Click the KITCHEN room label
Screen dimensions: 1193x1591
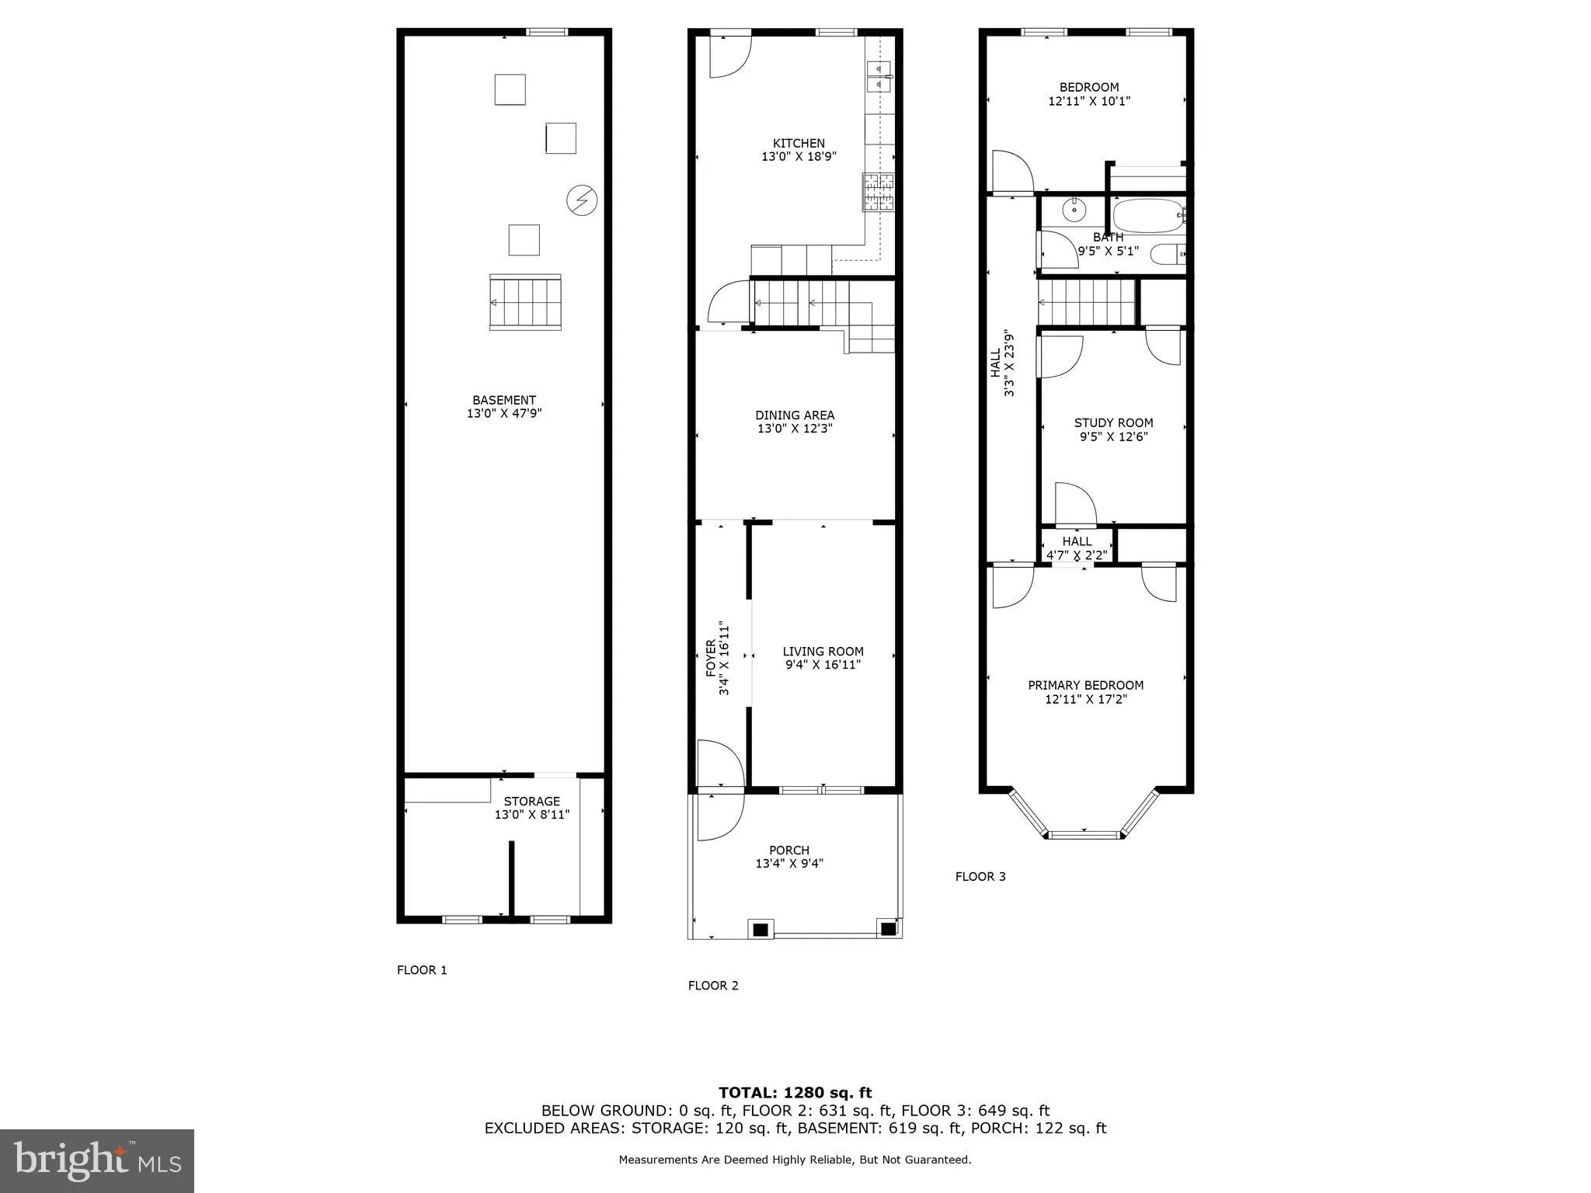coord(799,143)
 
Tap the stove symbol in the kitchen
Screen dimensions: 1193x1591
coord(878,192)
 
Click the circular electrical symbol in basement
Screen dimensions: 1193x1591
coord(581,200)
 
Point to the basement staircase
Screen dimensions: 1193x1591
coord(525,302)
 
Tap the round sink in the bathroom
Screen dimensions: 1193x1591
coord(1074,210)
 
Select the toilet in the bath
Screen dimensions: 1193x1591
coord(1167,254)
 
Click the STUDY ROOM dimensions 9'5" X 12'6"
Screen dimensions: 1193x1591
coord(1113,437)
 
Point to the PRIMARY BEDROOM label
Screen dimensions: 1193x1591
coord(1085,685)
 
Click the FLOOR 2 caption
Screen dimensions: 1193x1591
coord(712,986)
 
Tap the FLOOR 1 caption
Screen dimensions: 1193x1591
coord(422,970)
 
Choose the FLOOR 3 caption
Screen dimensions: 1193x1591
coord(980,877)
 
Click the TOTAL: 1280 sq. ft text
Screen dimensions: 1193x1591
coord(795,1093)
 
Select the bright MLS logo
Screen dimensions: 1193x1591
coord(97,1160)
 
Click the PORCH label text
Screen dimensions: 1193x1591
coord(789,850)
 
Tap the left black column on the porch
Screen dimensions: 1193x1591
coord(761,929)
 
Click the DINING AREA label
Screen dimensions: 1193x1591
coord(795,416)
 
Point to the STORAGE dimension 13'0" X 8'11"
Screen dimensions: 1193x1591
coord(532,815)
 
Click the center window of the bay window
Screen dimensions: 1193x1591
coord(1085,835)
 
